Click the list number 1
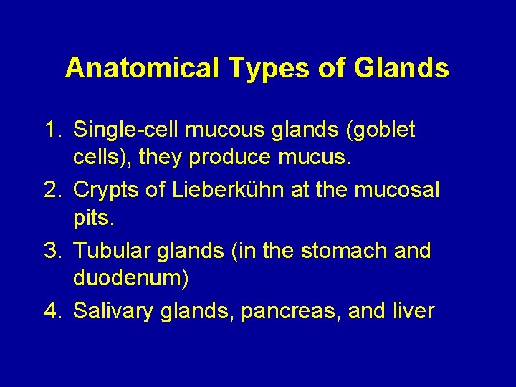[x=52, y=130]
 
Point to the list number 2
[x=52, y=191]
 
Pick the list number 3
[x=52, y=251]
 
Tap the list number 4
[x=52, y=311]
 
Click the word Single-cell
[x=127, y=130]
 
